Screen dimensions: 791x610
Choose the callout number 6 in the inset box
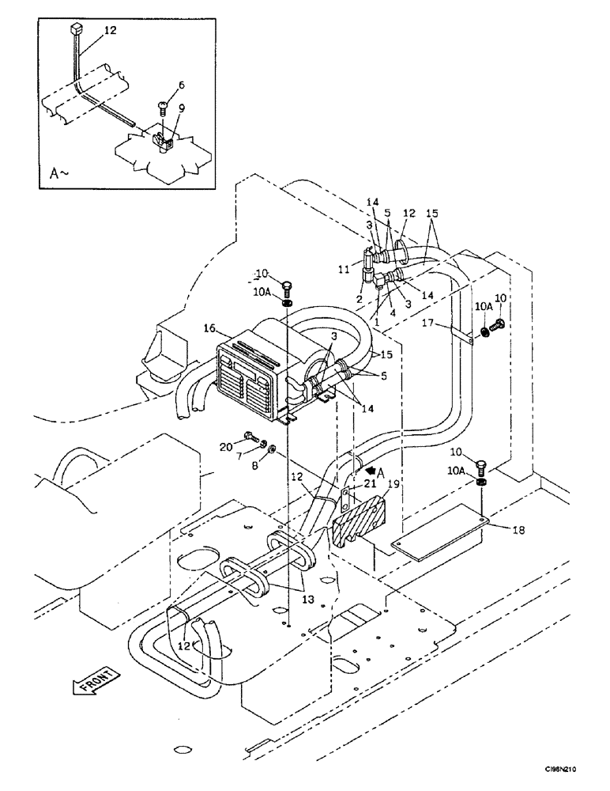(182, 85)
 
